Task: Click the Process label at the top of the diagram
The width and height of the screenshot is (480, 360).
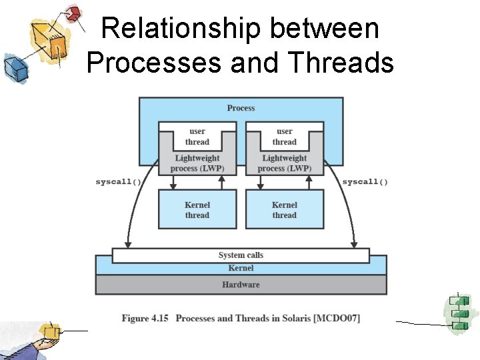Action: tap(241, 108)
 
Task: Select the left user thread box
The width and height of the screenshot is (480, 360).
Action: tap(197, 137)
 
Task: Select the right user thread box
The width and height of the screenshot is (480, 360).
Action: tap(284, 137)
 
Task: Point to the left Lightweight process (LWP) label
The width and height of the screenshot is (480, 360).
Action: tap(197, 163)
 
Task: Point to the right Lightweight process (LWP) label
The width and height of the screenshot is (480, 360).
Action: tap(284, 163)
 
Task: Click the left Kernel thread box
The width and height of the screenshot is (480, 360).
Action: tap(197, 209)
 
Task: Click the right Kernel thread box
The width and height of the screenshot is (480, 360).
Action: tap(284, 209)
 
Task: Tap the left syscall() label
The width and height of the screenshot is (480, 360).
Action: tap(118, 182)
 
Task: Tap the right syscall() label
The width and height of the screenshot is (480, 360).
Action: tap(365, 182)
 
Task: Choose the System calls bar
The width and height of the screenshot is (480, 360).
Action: tap(241, 255)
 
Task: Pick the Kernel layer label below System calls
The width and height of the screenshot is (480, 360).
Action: tap(241, 268)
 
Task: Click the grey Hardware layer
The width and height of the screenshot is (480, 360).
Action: tap(241, 285)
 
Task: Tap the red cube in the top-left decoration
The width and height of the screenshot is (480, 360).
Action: tap(73, 13)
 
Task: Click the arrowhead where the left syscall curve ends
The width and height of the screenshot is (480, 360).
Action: tap(127, 244)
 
